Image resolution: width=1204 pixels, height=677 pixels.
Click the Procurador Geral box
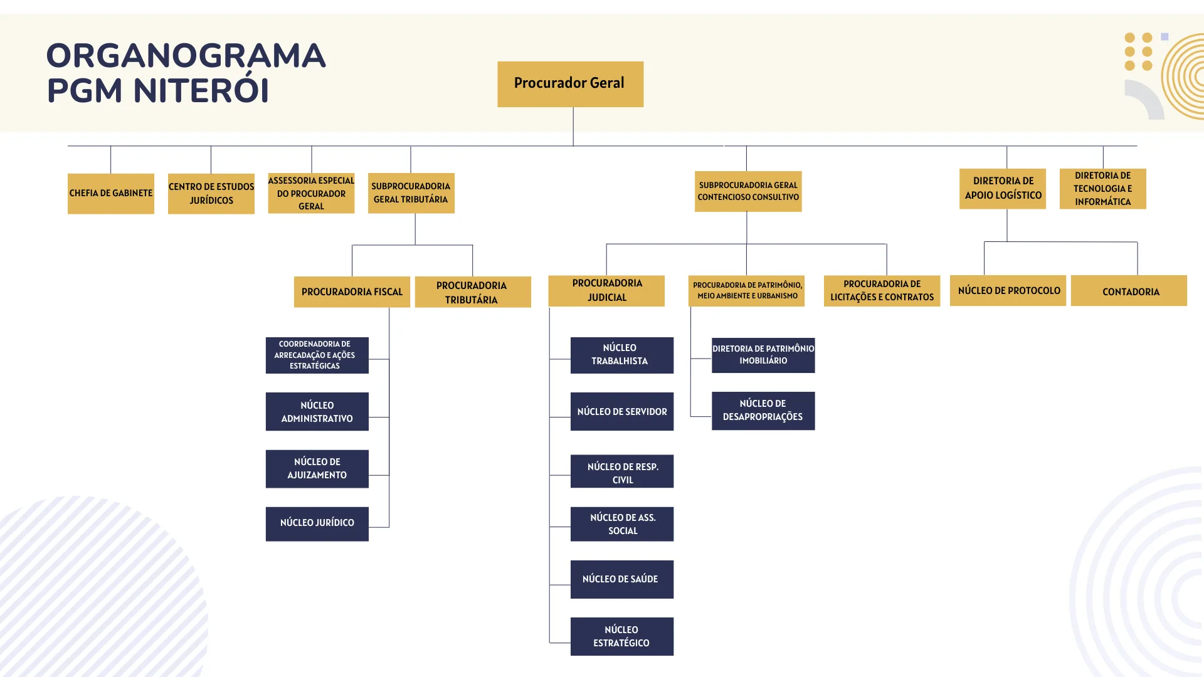[x=570, y=84]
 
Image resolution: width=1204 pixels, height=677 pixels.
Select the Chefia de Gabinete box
[x=111, y=194]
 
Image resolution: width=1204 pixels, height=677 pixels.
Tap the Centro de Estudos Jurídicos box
[x=211, y=194]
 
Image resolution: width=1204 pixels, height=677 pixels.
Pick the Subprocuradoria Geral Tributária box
[x=411, y=193]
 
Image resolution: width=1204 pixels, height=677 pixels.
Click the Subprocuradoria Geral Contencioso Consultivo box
[x=748, y=191]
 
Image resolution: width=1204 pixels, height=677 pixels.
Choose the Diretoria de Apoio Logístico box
[x=1003, y=189]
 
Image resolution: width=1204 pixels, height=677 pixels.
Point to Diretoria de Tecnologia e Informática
[x=1103, y=189]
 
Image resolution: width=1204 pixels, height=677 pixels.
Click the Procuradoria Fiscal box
[x=352, y=292]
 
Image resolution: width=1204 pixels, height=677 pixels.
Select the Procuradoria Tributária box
[x=473, y=292]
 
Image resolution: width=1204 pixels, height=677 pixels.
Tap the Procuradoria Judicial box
[x=606, y=291]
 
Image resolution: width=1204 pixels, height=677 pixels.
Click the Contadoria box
[x=1129, y=291]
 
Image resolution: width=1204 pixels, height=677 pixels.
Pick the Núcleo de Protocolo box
[x=1008, y=291]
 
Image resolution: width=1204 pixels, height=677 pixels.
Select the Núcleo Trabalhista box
[x=622, y=355]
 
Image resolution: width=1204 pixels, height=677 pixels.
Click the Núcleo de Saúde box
[x=622, y=579]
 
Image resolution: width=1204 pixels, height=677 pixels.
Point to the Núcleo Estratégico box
[x=622, y=636]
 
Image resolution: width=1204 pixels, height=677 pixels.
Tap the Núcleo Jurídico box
[x=317, y=524]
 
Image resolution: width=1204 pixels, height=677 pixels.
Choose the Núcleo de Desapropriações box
[x=763, y=411]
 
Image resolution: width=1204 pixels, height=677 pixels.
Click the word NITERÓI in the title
[x=201, y=90]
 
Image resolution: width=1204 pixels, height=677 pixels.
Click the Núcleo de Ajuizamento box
[x=317, y=469]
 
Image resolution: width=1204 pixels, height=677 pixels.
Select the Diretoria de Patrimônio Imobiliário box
[x=763, y=355]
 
